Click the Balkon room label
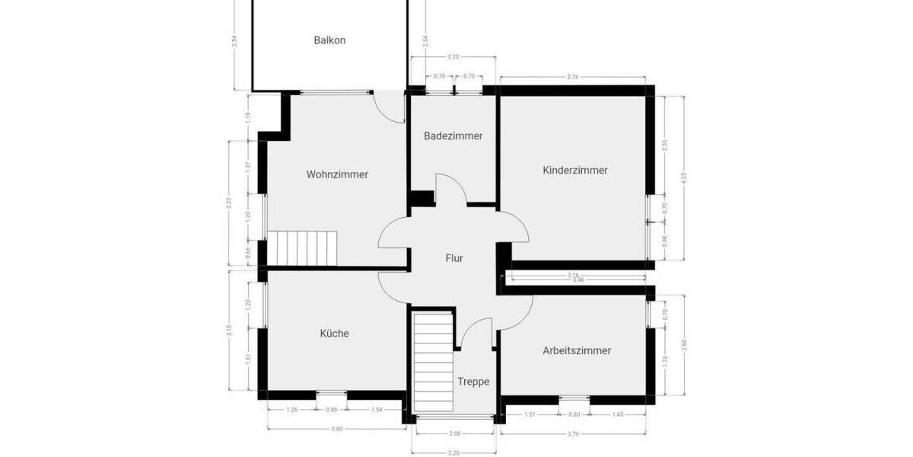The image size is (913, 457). tap(329, 40)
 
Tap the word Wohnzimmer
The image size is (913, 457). tap(337, 174)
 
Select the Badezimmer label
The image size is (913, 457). tap(453, 136)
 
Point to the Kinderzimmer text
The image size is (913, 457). tap(575, 170)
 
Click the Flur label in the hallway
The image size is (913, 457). tap(454, 258)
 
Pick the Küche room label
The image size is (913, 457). tap(334, 333)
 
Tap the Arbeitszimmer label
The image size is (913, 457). tap(577, 351)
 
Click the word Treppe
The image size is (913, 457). tap(473, 382)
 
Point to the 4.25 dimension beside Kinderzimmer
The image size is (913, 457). tap(684, 177)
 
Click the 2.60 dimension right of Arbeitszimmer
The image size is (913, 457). tap(684, 344)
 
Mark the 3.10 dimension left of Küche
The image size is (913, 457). tap(229, 331)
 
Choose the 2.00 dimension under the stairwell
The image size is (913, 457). tap(453, 433)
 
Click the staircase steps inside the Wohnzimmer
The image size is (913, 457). tap(305, 248)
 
